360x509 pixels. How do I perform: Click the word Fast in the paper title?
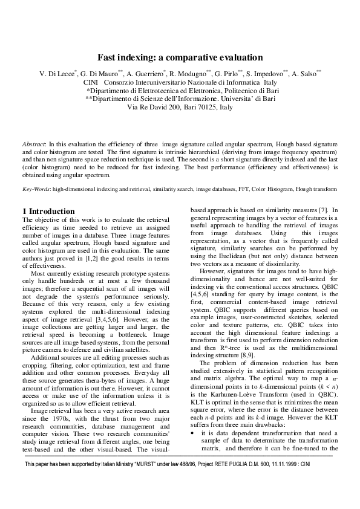click(109, 58)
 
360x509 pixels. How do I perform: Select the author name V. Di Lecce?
click(56, 73)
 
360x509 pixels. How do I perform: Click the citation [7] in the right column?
click(324, 210)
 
